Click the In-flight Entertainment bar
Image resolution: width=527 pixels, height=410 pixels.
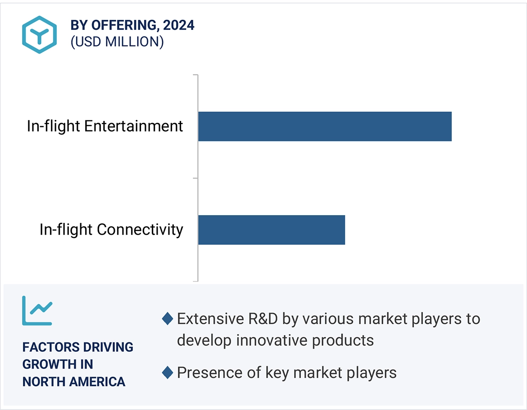point(324,126)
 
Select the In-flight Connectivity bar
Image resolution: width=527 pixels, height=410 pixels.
point(271,230)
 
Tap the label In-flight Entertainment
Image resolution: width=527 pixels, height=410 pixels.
point(105,126)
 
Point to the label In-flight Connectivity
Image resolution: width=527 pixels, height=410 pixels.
point(111,230)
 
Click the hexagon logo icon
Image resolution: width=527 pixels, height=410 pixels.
point(40,34)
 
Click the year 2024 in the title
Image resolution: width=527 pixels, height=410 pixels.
point(179,25)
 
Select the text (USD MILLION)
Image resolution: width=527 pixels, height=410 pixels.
point(117,41)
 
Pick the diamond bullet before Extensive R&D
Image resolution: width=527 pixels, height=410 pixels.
point(168,319)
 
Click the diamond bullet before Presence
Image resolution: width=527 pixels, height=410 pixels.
point(168,373)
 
